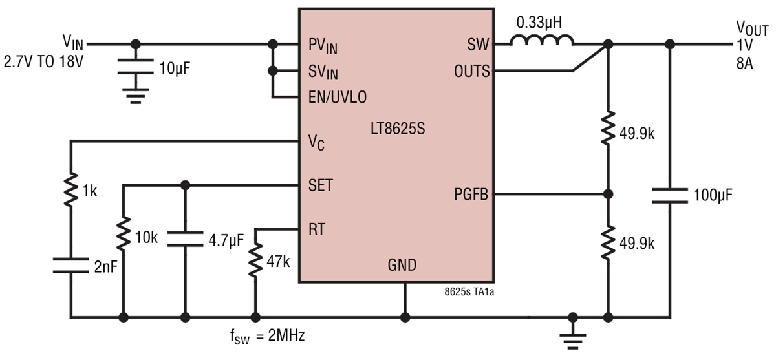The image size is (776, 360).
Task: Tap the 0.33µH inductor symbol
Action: pyautogui.click(x=542, y=41)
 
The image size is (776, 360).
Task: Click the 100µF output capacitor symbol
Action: pyautogui.click(x=670, y=195)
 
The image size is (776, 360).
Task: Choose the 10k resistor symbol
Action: pyautogui.click(x=123, y=236)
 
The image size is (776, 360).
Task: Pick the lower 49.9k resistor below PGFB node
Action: pyautogui.click(x=608, y=243)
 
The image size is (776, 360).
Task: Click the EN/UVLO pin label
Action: pyautogui.click(x=338, y=98)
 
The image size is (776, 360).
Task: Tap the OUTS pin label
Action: pyautogui.click(x=471, y=71)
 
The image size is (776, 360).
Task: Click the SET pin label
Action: pyautogui.click(x=321, y=185)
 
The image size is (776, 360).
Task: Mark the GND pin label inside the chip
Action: pyautogui.click(x=402, y=264)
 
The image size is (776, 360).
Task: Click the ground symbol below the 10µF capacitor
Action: pyautogui.click(x=135, y=97)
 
